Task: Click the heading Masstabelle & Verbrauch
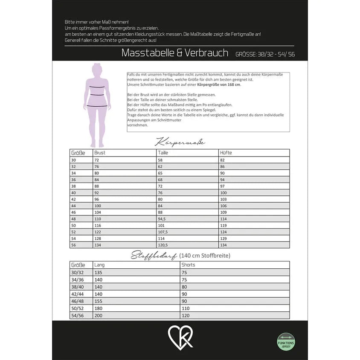[175, 53]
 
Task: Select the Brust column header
[100, 153]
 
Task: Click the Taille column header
[163, 153]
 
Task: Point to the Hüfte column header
[226, 153]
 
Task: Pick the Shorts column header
[188, 265]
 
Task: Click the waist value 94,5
[163, 218]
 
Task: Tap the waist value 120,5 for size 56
[163, 245]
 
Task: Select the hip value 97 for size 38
[223, 186]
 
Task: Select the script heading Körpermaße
[180, 142]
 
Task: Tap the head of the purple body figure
[97, 69]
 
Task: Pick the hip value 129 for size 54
[224, 238]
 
